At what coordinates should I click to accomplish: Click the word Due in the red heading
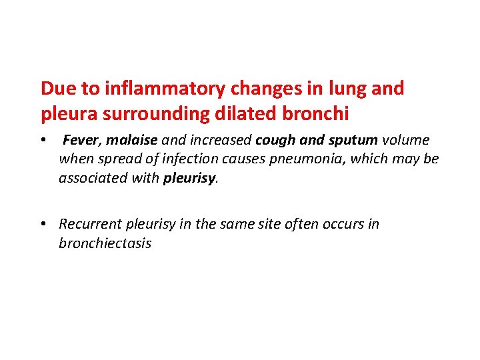[55, 89]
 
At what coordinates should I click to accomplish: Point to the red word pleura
[67, 114]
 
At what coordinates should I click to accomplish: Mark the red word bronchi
[315, 114]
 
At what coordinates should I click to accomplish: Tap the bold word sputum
[353, 141]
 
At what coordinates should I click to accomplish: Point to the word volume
[406, 141]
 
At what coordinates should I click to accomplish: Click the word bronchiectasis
[105, 243]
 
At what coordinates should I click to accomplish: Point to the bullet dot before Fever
[43, 141]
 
